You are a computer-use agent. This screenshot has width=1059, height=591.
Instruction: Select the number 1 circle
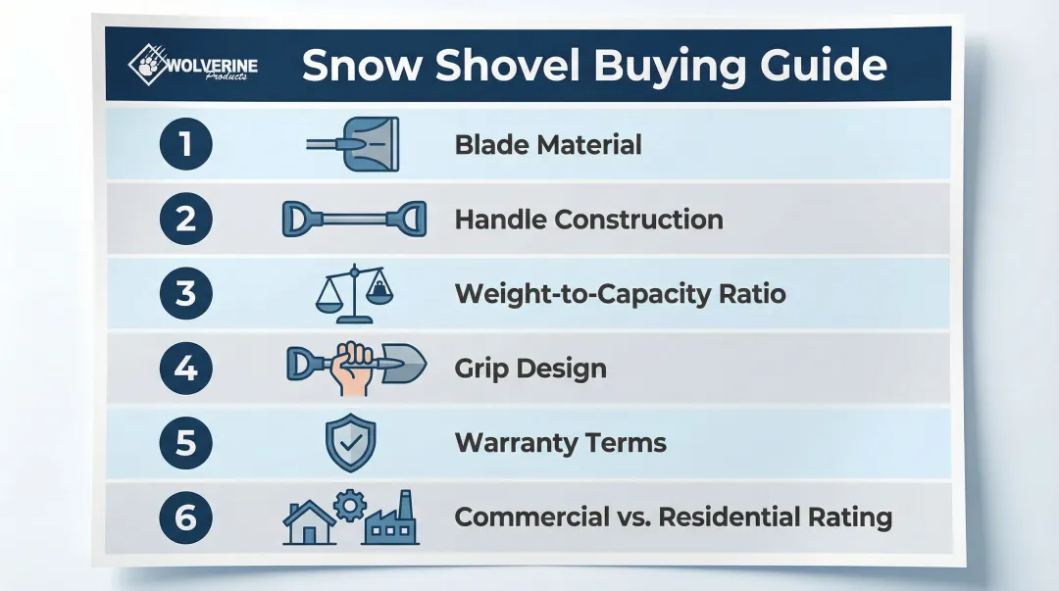pos(185,145)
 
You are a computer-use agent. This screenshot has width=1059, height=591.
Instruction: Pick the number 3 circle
pos(185,293)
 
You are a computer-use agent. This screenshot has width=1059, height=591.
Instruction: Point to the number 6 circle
pos(185,517)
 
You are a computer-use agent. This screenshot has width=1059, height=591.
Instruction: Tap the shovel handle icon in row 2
pos(353,219)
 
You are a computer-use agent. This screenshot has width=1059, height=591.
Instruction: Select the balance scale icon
pos(354,292)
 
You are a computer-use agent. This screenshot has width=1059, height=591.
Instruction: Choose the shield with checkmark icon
pos(350,443)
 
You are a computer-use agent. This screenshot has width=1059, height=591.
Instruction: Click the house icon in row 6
pos(308,522)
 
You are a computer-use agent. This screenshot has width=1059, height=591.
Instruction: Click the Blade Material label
pos(548,145)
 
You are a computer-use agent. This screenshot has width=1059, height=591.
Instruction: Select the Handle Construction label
pos(588,219)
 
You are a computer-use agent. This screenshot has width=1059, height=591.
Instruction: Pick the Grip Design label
pos(530,369)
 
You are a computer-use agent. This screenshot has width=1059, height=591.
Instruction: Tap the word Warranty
pos(520,443)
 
